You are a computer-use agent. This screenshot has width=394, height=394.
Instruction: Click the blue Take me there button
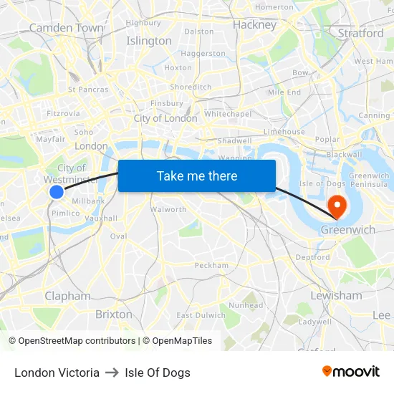[196, 176]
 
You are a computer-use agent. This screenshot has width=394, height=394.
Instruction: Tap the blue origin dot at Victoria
[57, 192]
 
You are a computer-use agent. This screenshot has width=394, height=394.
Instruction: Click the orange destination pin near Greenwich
[336, 207]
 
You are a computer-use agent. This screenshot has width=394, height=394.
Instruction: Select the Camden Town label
[66, 28]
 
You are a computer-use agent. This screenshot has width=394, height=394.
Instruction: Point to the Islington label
[149, 41]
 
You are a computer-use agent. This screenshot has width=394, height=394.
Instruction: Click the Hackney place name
[254, 25]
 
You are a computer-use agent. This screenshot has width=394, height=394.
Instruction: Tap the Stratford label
[360, 33]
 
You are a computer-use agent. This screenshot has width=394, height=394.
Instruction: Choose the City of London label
[165, 118]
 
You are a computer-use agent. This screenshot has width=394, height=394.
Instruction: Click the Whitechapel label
[228, 114]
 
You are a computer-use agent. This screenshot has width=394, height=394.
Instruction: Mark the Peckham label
[211, 265]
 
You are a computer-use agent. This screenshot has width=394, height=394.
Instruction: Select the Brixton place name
[114, 314]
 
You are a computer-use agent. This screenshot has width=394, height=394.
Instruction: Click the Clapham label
[67, 296]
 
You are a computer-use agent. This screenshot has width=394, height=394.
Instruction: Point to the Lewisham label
[336, 295]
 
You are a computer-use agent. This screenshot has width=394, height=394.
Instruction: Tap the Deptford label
[312, 257]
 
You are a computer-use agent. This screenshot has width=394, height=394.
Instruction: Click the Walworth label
[168, 210]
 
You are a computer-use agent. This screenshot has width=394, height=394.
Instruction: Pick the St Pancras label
[88, 90]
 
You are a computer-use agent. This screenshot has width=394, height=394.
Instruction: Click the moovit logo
[351, 372]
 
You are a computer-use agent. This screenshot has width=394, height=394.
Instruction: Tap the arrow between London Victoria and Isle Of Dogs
[112, 373]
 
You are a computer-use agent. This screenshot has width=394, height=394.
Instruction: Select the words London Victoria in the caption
[57, 373]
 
